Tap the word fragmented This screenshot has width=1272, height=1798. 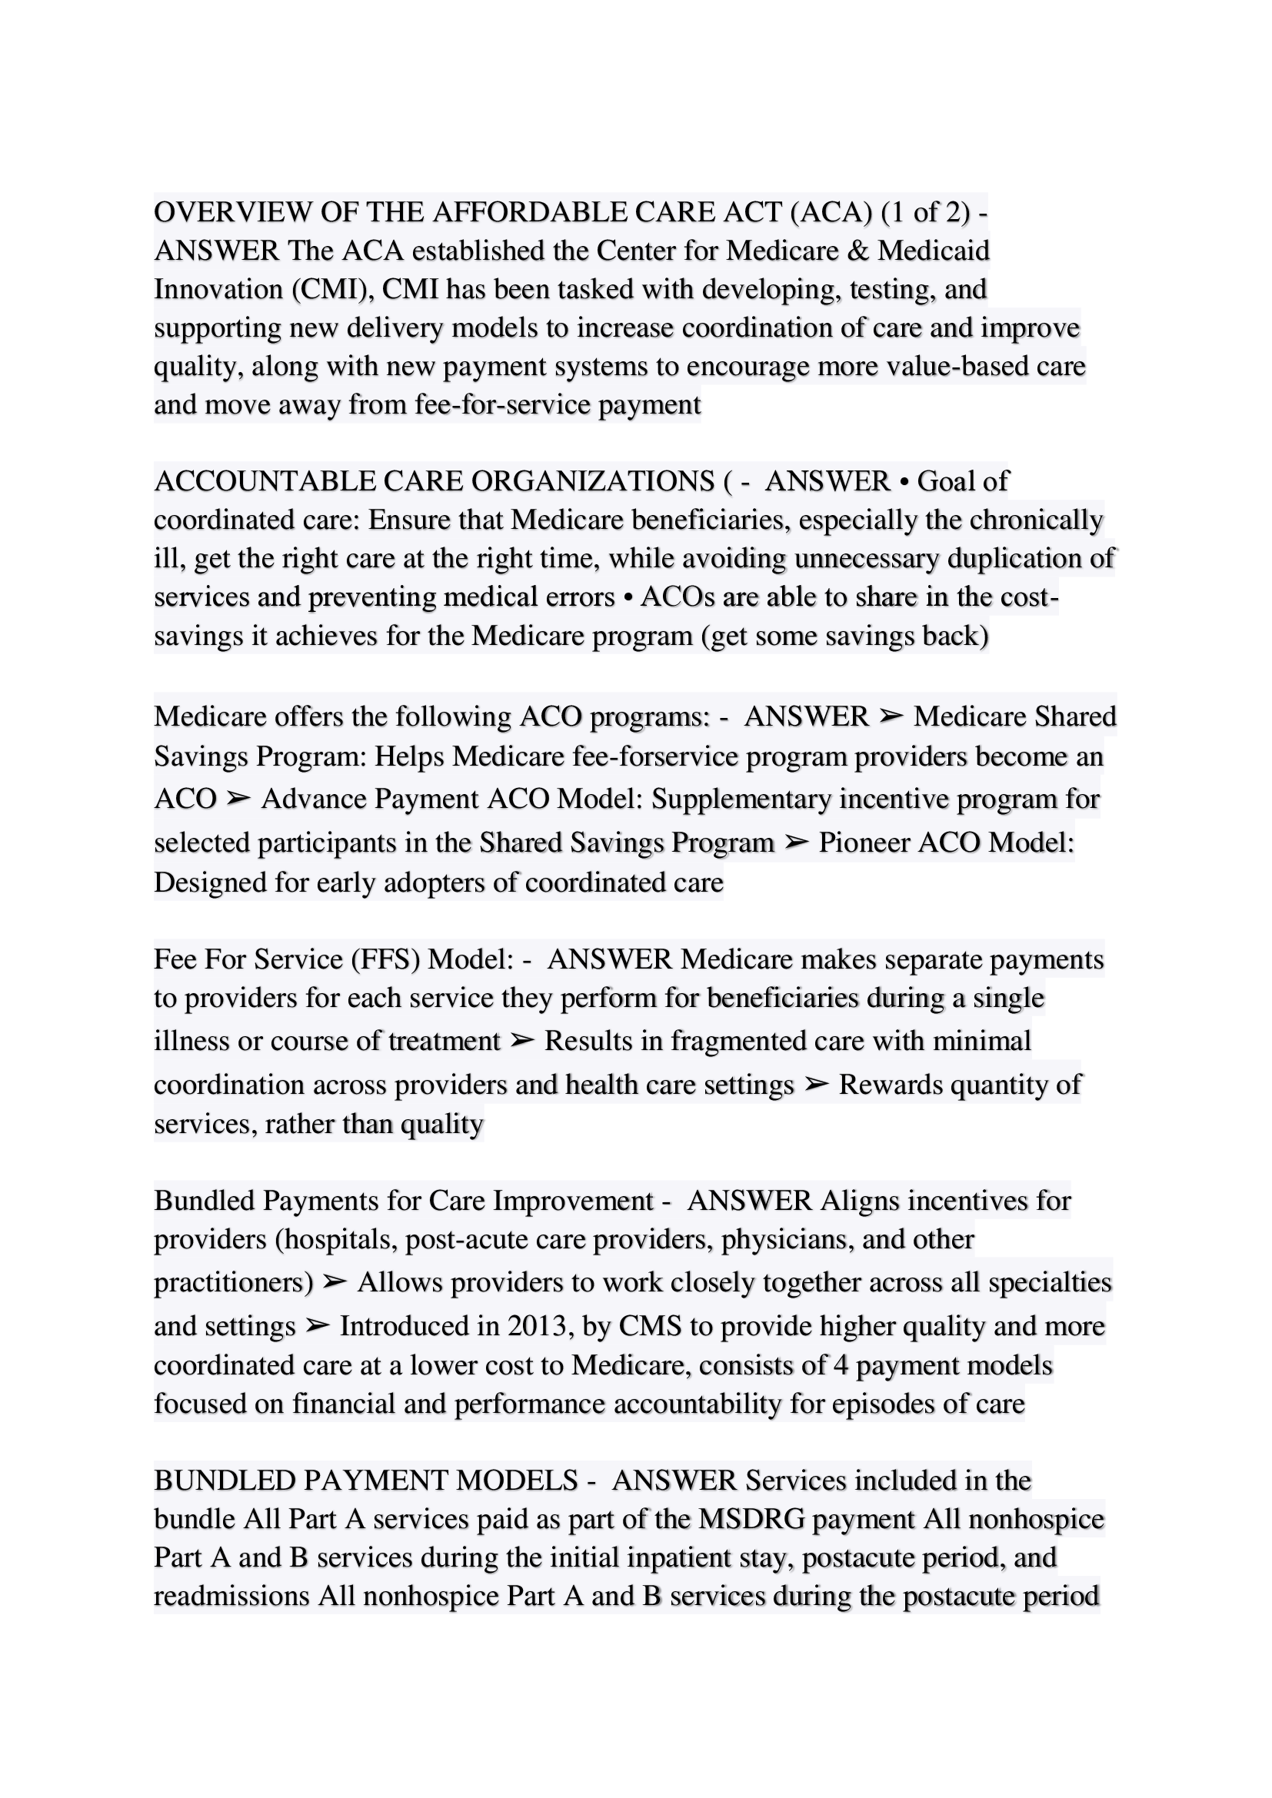tap(740, 1041)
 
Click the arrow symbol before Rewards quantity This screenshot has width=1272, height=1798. tap(816, 1085)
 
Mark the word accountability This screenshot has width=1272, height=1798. tap(697, 1404)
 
